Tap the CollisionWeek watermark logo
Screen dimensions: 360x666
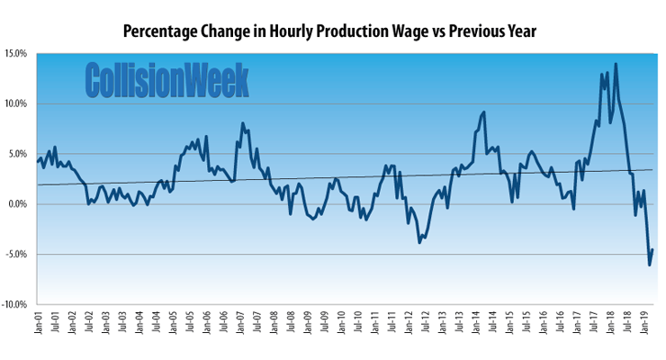pyautogui.click(x=167, y=79)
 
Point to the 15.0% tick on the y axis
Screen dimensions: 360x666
pyautogui.click(x=16, y=53)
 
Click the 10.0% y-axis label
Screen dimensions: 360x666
pyautogui.click(x=16, y=103)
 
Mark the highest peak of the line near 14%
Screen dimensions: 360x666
pyautogui.click(x=616, y=64)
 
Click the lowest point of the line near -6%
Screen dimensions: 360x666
pyautogui.click(x=649, y=265)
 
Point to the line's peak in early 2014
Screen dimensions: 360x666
pyautogui.click(x=484, y=112)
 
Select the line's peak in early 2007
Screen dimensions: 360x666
pyautogui.click(x=243, y=123)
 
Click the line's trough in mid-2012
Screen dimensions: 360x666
pyautogui.click(x=419, y=242)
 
